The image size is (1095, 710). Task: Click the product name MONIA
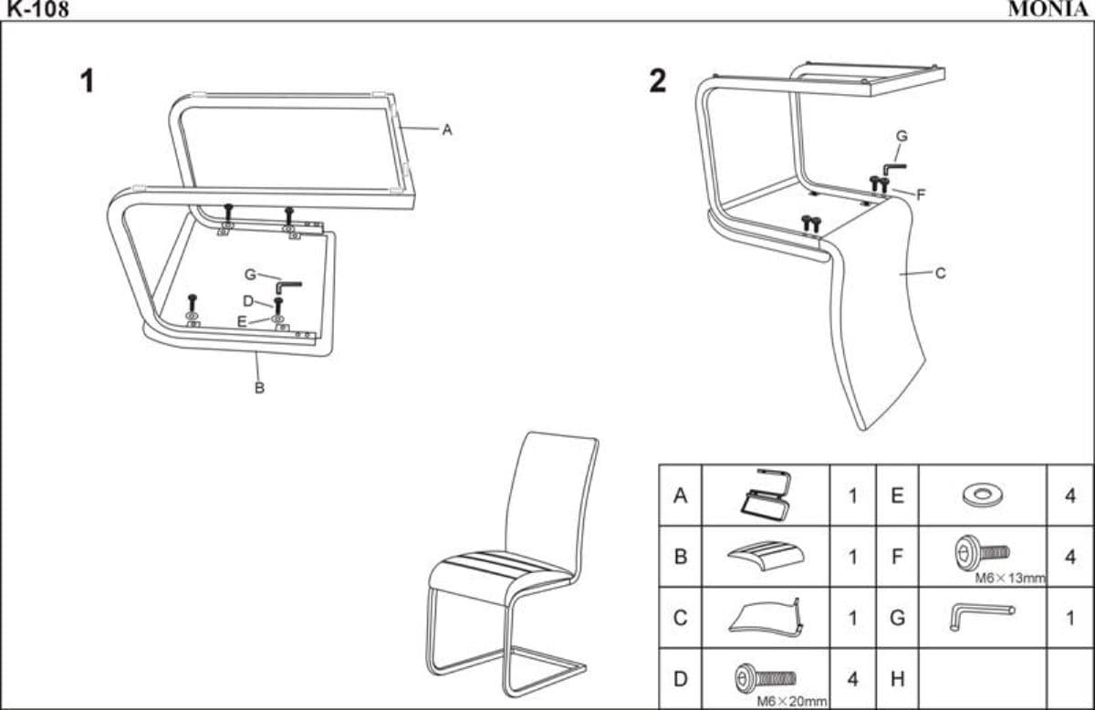point(1049,10)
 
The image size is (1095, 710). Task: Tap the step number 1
point(88,82)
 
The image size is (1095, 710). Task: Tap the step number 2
point(657,82)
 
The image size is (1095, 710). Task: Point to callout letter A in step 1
point(447,130)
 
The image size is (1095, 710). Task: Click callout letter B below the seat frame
point(259,388)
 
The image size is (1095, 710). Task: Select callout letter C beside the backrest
point(941,272)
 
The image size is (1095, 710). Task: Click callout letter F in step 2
point(921,193)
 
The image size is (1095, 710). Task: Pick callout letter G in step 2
point(902,136)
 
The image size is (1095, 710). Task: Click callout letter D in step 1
point(247,301)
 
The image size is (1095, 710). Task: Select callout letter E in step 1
point(242,321)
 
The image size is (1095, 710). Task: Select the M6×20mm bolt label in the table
point(792,701)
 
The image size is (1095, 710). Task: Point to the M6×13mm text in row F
point(1009,578)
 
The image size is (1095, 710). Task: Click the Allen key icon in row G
point(981,616)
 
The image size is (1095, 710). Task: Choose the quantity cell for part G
point(1069,618)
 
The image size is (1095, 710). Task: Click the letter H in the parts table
point(897,679)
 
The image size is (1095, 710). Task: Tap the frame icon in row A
point(765,496)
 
